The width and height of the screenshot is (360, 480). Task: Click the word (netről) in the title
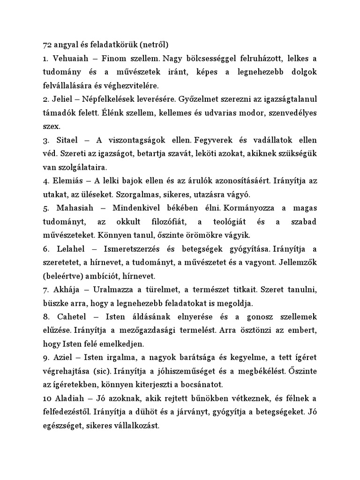coord(151,45)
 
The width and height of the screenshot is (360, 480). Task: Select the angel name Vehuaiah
coord(71,59)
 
